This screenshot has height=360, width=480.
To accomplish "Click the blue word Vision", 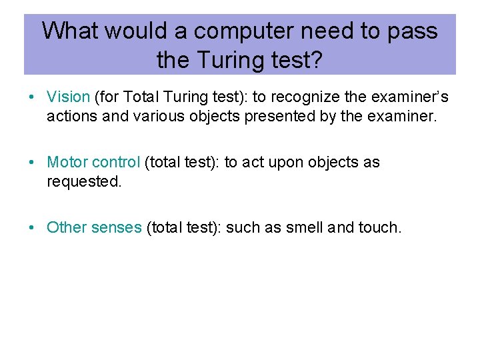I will [68, 97].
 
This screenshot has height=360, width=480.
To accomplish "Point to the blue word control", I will [115, 162].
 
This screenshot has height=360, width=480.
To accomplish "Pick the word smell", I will [305, 227].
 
